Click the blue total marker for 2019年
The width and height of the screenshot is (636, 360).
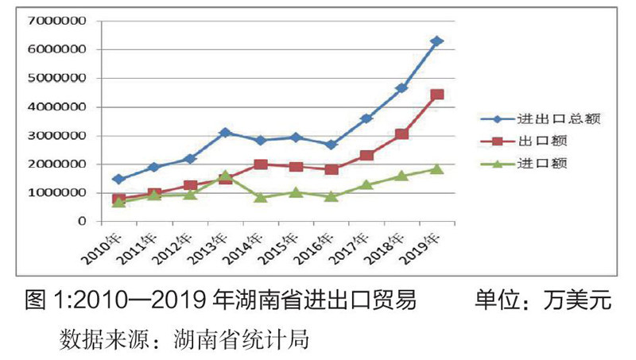436,41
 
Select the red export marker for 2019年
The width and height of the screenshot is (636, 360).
436,95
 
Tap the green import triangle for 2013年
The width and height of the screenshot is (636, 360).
225,176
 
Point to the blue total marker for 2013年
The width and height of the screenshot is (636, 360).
225,132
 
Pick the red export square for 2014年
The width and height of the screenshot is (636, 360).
260,165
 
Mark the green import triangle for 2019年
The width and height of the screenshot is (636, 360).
436,168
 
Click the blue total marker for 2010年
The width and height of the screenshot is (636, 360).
118,180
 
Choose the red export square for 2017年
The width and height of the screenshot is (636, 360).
366,156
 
